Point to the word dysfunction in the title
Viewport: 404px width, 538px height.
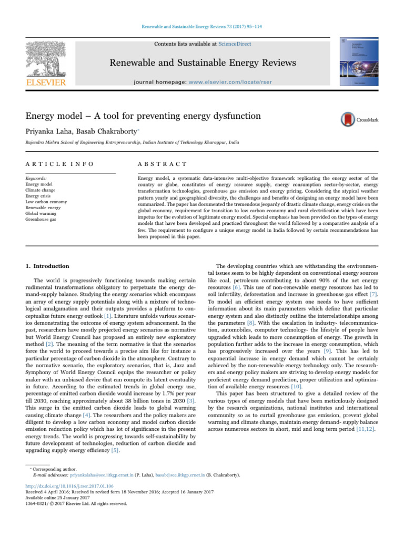tap(215, 116)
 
